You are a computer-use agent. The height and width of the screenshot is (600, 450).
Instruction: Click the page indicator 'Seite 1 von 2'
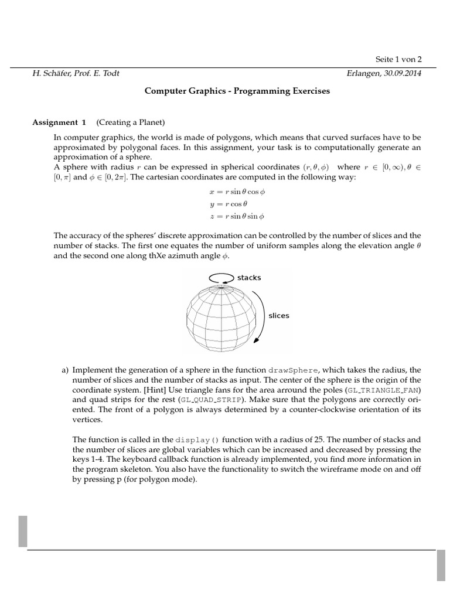398,59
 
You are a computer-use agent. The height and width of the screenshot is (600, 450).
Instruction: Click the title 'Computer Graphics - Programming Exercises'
237,91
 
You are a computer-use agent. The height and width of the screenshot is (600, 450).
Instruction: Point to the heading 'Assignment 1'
59,122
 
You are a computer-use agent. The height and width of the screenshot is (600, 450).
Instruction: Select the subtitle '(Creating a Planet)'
131,122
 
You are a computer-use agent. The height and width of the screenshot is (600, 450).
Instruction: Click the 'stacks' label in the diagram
249,277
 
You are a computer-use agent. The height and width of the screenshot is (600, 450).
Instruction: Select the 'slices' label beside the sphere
278,315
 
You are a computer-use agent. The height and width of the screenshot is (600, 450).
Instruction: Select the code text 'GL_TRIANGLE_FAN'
383,390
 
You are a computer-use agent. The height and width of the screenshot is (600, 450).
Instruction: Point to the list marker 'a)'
66,370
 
